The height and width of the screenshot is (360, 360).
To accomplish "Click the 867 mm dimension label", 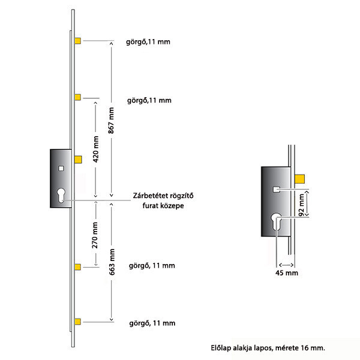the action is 111,121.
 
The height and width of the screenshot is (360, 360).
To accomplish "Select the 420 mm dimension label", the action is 96,149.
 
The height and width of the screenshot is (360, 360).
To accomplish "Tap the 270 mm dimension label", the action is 95,235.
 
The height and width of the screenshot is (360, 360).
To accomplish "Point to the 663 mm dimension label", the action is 112,262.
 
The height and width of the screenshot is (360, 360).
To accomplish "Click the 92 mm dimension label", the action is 301,205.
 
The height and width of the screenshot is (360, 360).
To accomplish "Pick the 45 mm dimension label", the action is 287,273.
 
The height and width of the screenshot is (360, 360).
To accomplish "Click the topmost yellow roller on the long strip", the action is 77,41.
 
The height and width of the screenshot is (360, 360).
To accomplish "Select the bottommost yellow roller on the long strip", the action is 77,322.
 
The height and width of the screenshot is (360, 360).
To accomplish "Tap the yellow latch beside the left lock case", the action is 78,160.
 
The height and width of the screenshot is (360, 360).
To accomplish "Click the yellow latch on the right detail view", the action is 299,179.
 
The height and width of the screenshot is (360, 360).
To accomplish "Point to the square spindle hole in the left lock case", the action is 61,169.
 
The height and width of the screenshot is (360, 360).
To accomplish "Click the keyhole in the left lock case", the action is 61,195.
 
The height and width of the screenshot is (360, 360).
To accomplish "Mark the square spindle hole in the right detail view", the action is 277,190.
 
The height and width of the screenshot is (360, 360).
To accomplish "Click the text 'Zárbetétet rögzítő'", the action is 163,196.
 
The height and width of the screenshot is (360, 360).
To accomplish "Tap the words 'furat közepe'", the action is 163,205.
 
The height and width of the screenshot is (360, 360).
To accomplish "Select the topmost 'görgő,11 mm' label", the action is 148,42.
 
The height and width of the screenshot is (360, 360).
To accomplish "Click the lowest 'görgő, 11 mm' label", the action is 152,323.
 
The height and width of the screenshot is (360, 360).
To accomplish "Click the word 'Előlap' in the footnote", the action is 221,348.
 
